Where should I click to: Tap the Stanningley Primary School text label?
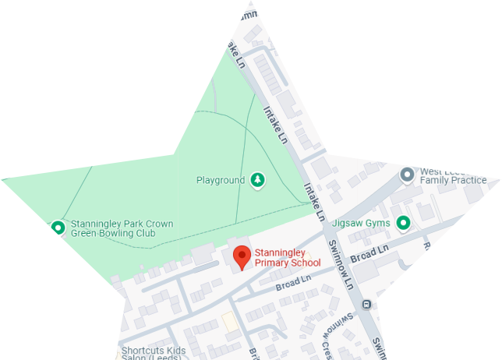pyautogui.click(x=288, y=258)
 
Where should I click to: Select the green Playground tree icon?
pyautogui.click(x=257, y=181)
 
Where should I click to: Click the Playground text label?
pyautogui.click(x=221, y=181)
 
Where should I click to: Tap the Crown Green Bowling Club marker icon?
pyautogui.click(x=58, y=228)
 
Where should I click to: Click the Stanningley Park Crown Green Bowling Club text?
pyautogui.click(x=122, y=228)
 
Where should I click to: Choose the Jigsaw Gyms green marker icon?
pyautogui.click(x=403, y=224)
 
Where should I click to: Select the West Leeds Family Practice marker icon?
pyautogui.click(x=406, y=175)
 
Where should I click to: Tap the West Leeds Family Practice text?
pyautogui.click(x=453, y=175)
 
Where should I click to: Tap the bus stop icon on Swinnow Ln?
pyautogui.click(x=366, y=305)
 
